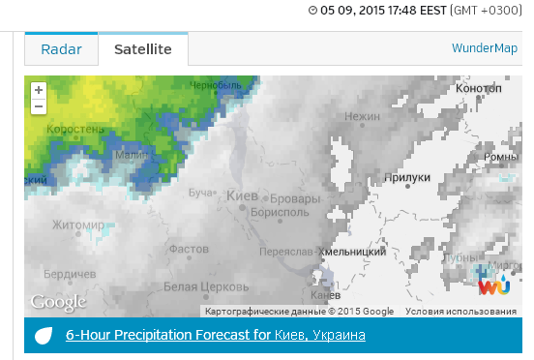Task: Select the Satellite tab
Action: point(142,49)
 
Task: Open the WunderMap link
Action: point(484,48)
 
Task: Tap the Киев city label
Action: point(242,196)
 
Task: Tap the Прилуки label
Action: point(407,177)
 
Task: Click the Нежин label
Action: point(363,116)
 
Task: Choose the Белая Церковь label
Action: point(200,286)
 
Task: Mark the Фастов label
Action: point(189,249)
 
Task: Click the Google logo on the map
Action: point(58,303)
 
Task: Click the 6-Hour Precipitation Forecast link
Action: point(215,336)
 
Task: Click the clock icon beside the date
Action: point(312,11)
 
